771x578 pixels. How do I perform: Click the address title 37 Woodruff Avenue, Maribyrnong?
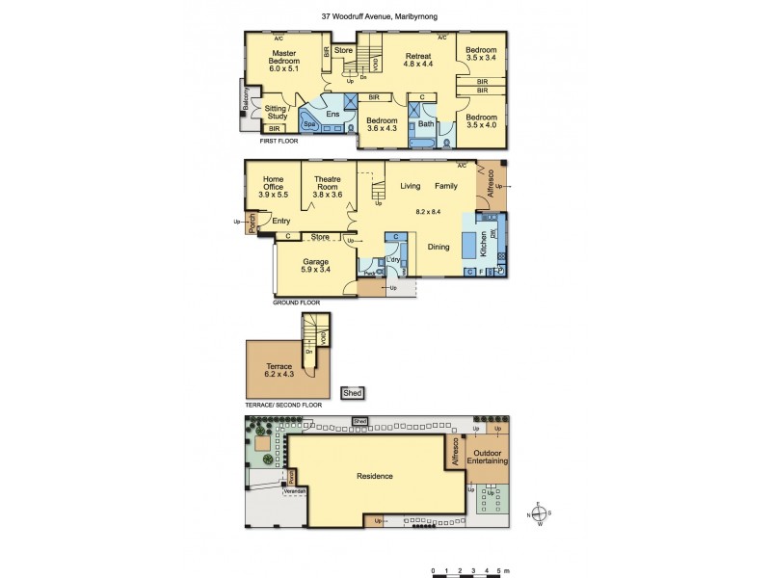pyautogui.click(x=385, y=16)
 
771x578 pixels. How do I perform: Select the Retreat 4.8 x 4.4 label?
pyautogui.click(x=418, y=60)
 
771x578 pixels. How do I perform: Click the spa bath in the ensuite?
pyautogui.click(x=310, y=124)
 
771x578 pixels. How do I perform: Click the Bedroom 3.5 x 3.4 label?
pyautogui.click(x=481, y=55)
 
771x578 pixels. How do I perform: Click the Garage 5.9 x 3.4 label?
pyautogui.click(x=316, y=266)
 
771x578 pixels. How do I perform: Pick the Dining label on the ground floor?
pyautogui.click(x=439, y=248)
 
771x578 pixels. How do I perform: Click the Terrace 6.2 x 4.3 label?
pyautogui.click(x=279, y=370)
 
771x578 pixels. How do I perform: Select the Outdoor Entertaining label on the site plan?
pyautogui.click(x=488, y=457)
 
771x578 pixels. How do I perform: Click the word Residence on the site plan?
pyautogui.click(x=375, y=476)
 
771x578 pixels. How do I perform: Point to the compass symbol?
pyautogui.click(x=542, y=513)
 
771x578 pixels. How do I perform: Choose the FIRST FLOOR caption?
pyautogui.click(x=279, y=142)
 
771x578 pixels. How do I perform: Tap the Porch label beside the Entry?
pyautogui.click(x=253, y=223)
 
